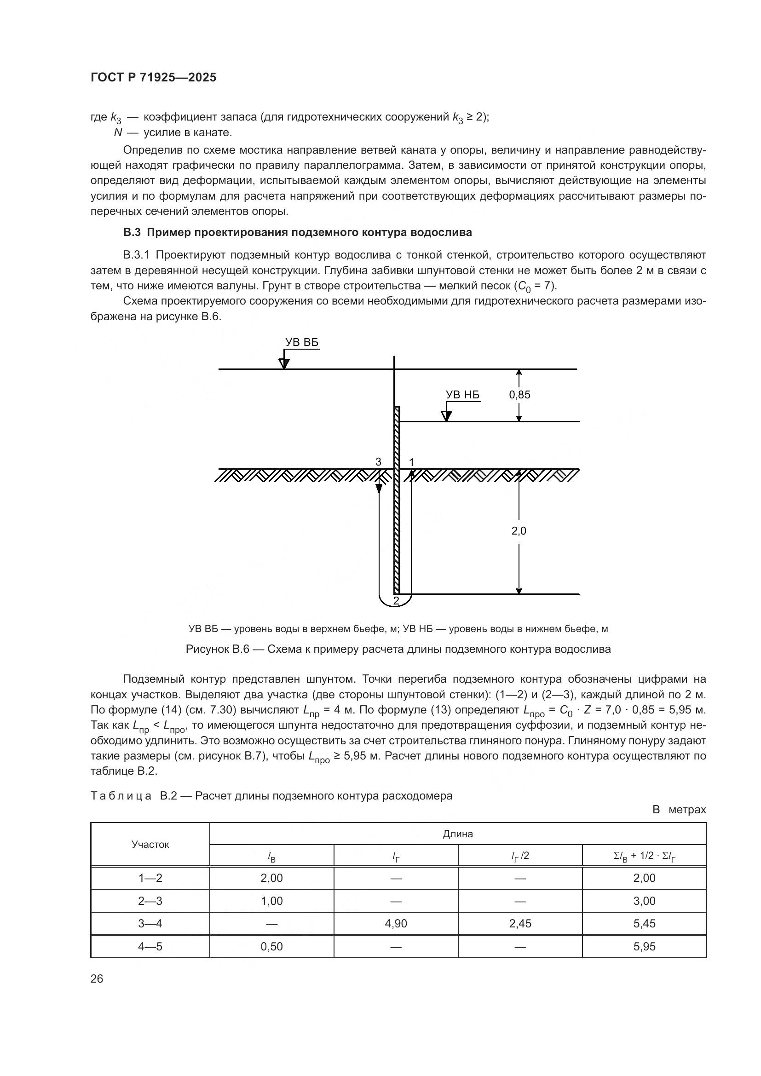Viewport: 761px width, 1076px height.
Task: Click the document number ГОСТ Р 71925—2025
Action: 153,78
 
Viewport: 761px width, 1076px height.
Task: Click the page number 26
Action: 97,978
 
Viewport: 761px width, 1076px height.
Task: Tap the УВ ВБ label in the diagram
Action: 302,343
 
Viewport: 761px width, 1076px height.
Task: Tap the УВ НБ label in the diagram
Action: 462,395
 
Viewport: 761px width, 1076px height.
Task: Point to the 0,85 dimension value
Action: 519,395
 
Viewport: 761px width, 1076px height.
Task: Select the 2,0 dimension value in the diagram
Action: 519,531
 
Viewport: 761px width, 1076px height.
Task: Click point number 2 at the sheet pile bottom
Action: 396,600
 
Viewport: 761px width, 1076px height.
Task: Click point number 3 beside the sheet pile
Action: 378,462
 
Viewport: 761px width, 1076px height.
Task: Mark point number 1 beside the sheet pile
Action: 411,462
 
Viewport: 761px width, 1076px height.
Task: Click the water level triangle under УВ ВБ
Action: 284,364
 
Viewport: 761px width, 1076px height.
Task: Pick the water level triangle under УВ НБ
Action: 447,416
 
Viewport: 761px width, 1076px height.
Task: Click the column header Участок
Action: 150,845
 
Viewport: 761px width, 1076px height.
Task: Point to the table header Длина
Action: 458,834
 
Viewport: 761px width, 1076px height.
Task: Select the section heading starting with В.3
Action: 297,233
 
